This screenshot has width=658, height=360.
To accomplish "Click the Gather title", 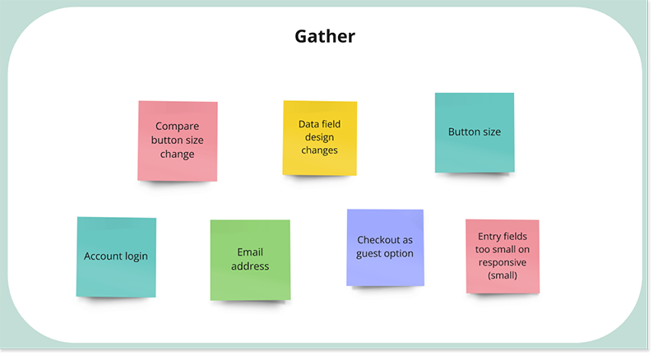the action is [x=325, y=37].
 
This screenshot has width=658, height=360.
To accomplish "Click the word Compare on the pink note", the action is [x=178, y=127].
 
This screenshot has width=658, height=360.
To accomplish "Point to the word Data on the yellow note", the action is [x=308, y=125].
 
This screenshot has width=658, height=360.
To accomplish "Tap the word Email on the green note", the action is [x=250, y=252].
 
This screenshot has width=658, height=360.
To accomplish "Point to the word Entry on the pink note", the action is [x=490, y=237].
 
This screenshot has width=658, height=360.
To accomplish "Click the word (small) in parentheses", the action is [x=502, y=276].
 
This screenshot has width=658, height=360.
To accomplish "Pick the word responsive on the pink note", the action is [x=502, y=263].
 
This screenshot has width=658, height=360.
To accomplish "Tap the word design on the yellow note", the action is [x=319, y=138].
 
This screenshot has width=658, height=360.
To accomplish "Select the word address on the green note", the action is [x=250, y=265].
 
